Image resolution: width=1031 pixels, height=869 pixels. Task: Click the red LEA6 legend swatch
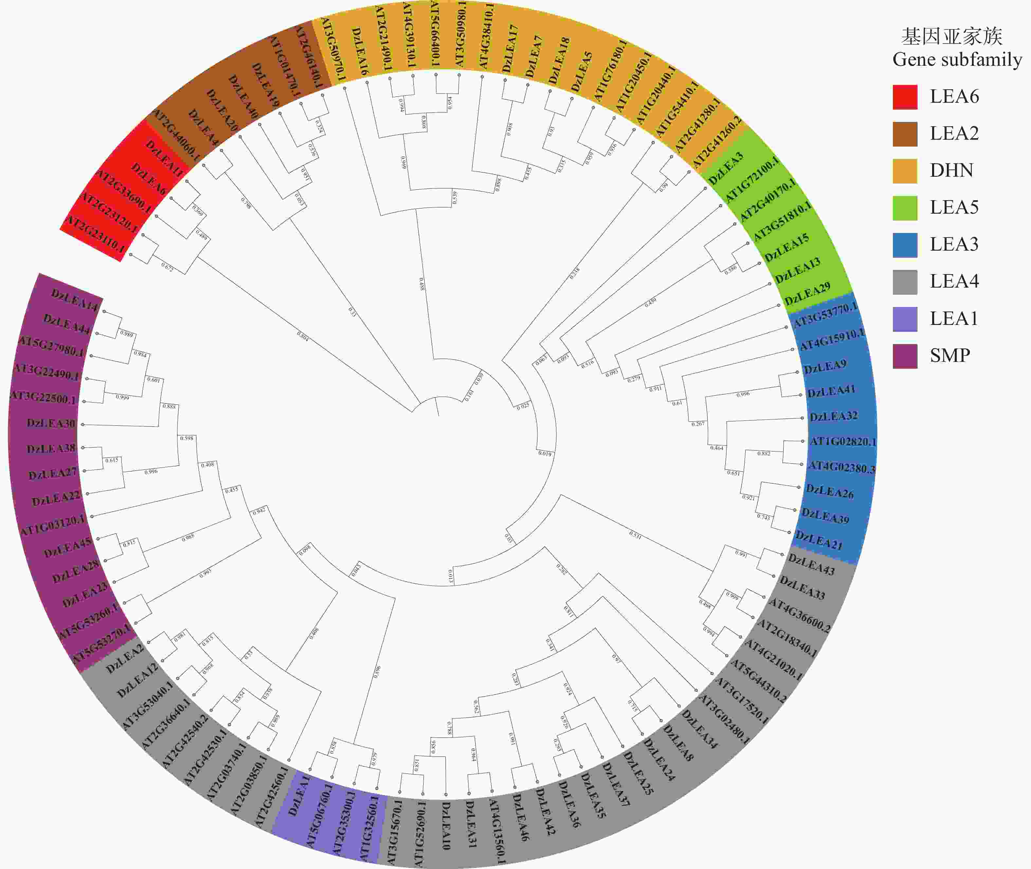(x=905, y=97)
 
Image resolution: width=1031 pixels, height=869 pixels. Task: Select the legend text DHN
(x=951, y=170)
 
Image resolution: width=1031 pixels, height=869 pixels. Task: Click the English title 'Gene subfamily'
(x=957, y=60)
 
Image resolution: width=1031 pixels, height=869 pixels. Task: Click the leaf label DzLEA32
(x=833, y=416)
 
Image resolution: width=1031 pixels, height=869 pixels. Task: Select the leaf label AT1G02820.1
(x=843, y=441)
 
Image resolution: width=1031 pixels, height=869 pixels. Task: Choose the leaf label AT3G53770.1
(x=824, y=315)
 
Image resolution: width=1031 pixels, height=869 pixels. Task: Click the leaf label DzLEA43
(x=811, y=564)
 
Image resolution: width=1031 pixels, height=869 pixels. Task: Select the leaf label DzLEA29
(x=807, y=293)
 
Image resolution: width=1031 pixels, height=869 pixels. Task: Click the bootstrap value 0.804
(x=303, y=336)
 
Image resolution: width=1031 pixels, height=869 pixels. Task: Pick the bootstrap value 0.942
(x=259, y=511)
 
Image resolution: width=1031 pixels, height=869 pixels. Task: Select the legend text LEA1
(x=954, y=319)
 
